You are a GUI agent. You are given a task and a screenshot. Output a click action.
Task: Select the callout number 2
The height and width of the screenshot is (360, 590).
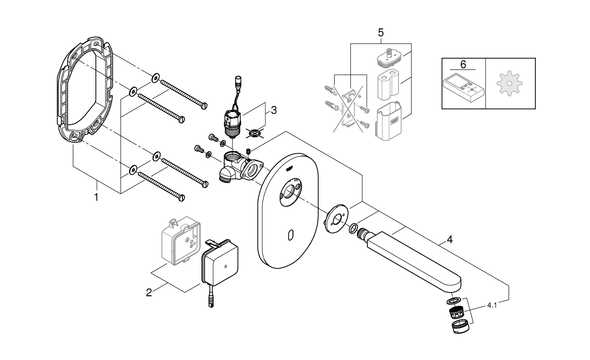coord(149,292)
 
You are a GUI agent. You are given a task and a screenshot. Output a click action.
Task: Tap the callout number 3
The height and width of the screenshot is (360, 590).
coord(274,110)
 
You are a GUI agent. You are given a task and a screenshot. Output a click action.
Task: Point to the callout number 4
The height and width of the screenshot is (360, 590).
coord(450,239)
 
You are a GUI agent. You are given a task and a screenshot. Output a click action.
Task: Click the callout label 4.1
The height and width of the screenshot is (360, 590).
coord(492,305)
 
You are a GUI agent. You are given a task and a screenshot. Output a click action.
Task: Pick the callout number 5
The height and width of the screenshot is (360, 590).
coord(380,33)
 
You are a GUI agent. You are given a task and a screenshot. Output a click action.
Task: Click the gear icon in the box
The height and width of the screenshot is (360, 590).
coord(510,83)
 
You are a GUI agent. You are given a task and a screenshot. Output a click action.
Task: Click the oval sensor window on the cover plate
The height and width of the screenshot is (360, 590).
coord(290,235)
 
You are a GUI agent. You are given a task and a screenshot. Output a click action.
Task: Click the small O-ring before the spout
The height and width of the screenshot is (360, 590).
coord(354,228)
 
